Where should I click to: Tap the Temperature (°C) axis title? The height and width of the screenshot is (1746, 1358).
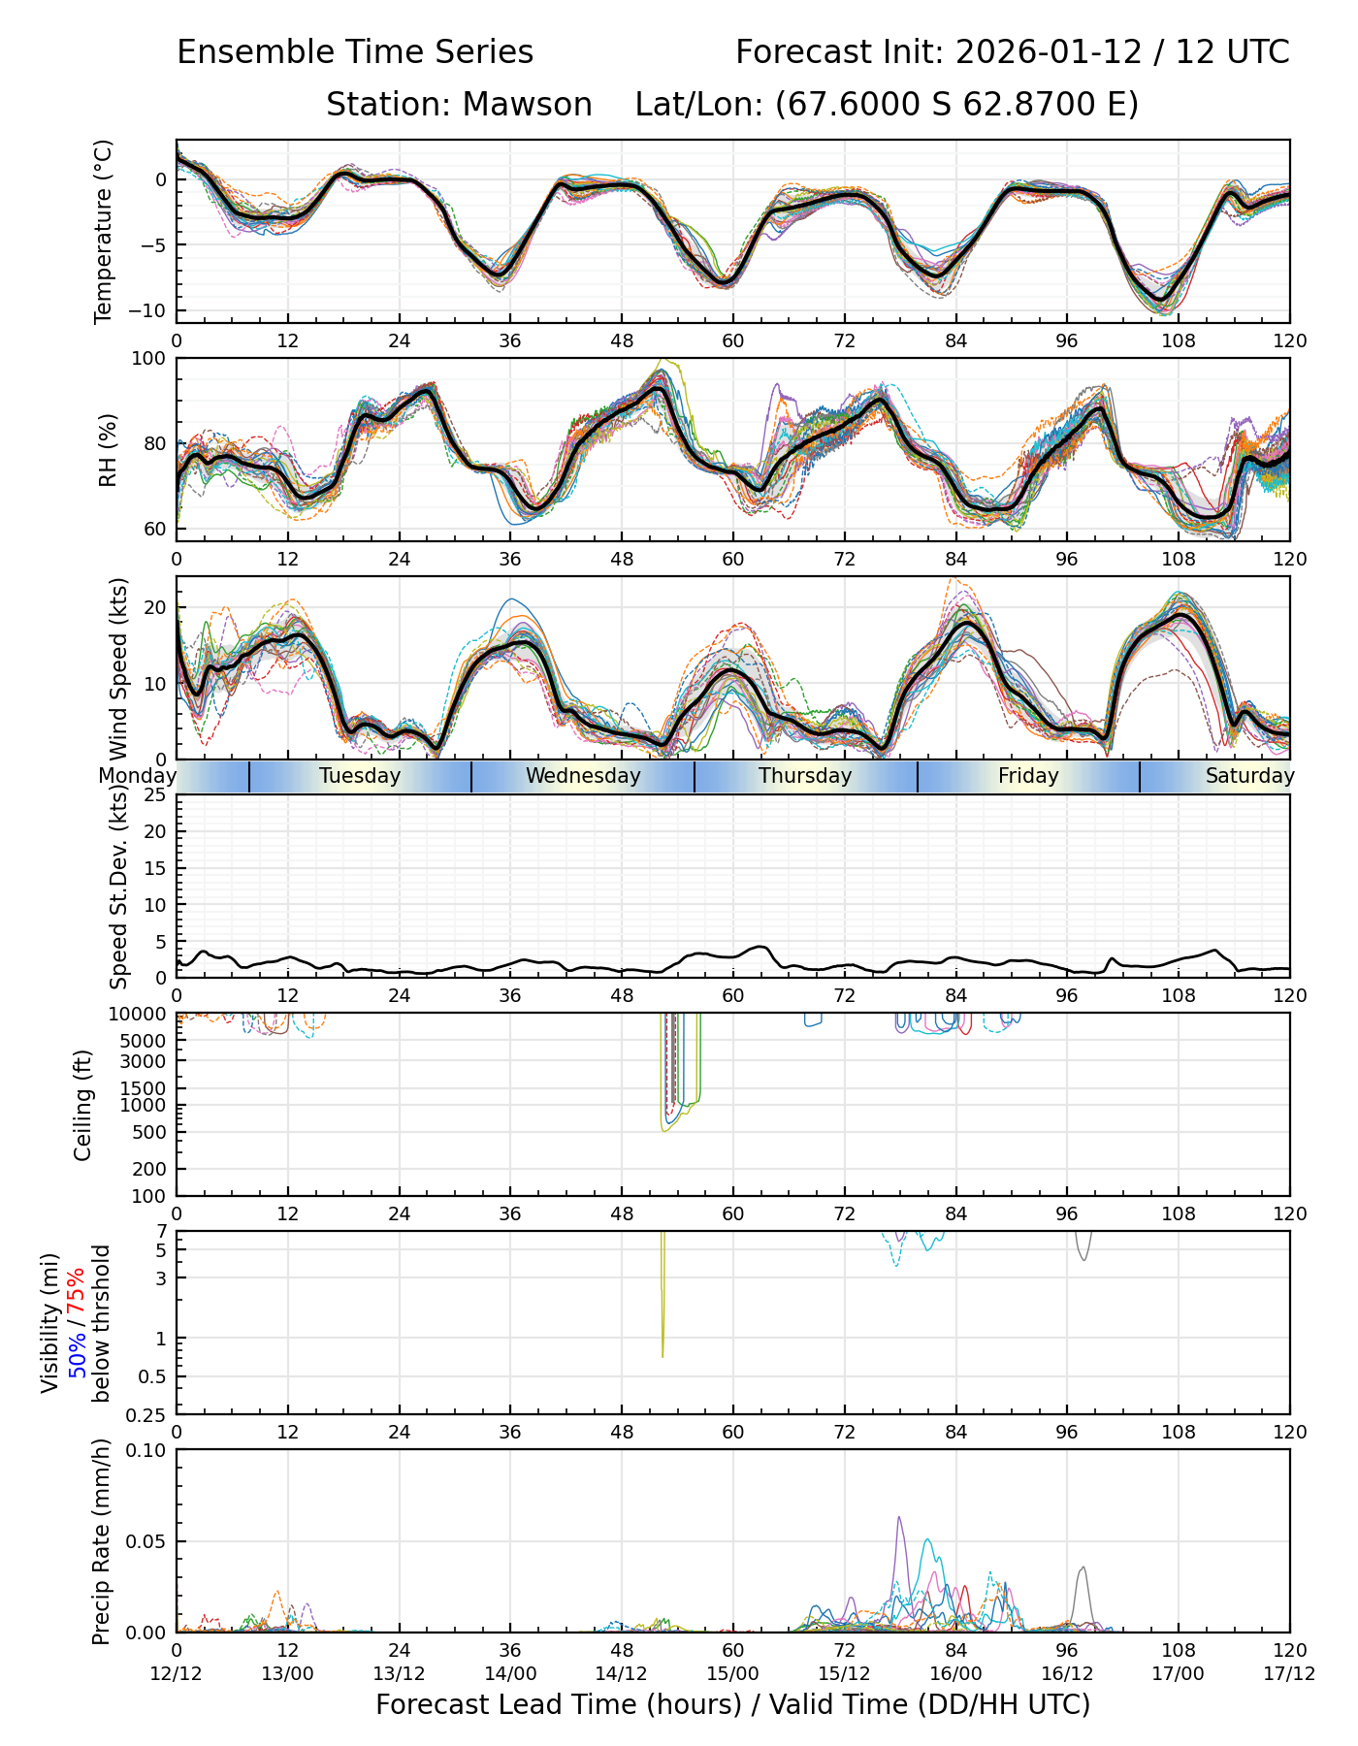coord(104,231)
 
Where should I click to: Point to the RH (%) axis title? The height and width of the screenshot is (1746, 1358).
coord(108,449)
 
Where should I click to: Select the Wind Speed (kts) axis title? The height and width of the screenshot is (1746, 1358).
coord(118,668)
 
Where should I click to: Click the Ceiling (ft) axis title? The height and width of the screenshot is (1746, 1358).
coord(83,1105)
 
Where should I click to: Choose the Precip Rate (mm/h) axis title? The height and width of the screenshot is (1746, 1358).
coord(101,1541)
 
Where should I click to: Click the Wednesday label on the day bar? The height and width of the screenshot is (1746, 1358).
coord(583,776)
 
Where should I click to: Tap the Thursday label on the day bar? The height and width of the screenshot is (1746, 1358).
coord(805,776)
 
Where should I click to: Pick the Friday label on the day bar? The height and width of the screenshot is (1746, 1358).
coord(1028,776)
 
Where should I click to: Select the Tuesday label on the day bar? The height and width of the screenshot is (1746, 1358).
coord(360,776)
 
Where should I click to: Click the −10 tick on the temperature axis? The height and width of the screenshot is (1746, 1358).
coord(151,310)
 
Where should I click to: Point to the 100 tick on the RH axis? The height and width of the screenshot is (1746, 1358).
coord(149,359)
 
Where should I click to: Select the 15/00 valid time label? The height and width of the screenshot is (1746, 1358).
coord(732,1673)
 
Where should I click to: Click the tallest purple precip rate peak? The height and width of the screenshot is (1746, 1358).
coord(898,1518)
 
